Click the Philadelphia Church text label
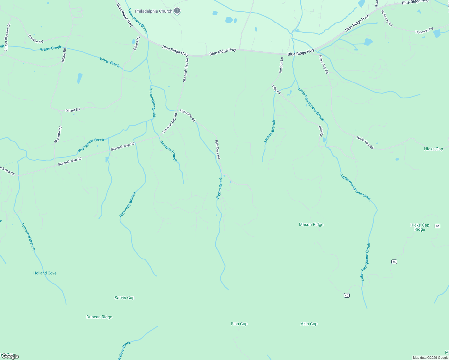point(153,11)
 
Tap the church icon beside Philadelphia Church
point(177,11)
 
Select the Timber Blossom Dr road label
point(8,37)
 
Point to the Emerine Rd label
point(36,39)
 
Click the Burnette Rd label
point(58,134)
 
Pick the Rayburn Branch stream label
point(168,151)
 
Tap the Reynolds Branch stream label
point(128,205)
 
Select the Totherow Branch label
point(28,236)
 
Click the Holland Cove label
point(45,273)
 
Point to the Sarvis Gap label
point(125,298)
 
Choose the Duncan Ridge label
point(99,317)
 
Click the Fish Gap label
point(239,324)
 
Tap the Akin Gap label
point(309,324)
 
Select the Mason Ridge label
point(311,224)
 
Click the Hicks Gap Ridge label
point(420,227)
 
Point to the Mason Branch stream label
point(270,131)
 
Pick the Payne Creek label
point(219,188)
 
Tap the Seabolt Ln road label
point(281,65)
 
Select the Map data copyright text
point(430,358)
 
